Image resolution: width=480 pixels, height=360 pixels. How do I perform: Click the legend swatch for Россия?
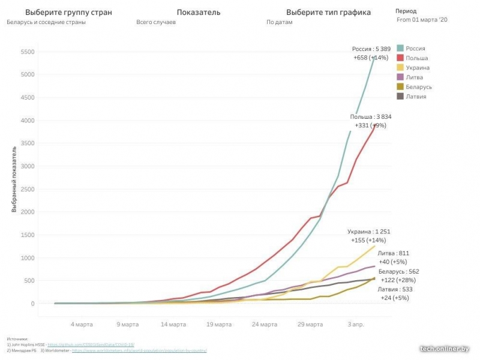point(400,48)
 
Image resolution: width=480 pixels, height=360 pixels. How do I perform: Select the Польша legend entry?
point(400,58)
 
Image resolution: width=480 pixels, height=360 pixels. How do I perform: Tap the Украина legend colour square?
point(400,68)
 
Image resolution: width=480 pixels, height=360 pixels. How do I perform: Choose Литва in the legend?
point(400,77)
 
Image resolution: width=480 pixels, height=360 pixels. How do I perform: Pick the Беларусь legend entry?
point(400,87)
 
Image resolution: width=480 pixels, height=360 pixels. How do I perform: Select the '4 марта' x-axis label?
point(82,325)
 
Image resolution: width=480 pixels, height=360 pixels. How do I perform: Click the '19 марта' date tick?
point(219,325)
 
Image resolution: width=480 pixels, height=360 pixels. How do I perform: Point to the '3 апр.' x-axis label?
point(356,325)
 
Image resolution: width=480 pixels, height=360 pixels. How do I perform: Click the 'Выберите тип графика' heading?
point(328,12)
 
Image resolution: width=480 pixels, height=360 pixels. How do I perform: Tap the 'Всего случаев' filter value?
point(156,22)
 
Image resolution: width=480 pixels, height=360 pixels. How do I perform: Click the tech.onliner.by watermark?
point(444,348)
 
